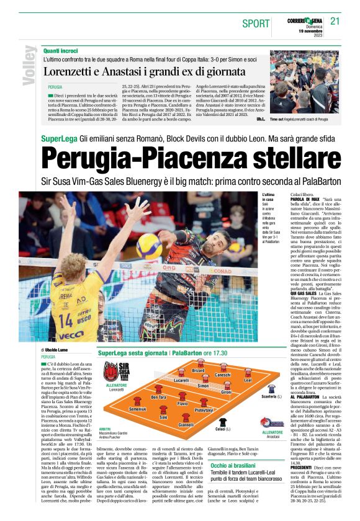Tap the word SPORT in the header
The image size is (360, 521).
pos(254,23)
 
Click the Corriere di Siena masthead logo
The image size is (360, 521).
pos(304,19)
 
